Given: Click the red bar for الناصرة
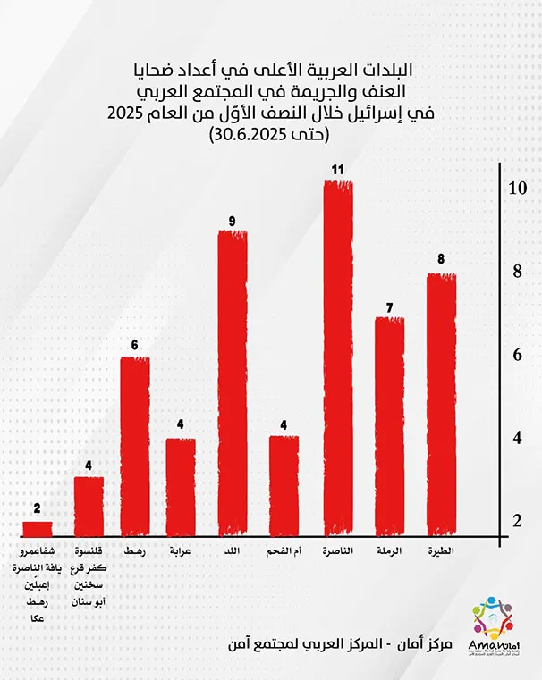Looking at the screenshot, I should tap(338, 357).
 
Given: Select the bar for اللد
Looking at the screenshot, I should tap(233, 382).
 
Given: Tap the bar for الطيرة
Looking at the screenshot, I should tap(441, 404).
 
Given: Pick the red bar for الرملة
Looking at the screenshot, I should tap(389, 425).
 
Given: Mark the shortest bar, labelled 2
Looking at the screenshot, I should tap(37, 527).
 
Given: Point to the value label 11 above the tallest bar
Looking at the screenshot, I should tap(338, 168).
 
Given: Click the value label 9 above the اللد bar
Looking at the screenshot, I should tap(233, 220).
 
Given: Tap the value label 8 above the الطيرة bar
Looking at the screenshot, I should tap(441, 261).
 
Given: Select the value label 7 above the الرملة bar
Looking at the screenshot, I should tap(389, 307).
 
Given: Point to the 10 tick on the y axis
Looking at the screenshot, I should tap(516, 189).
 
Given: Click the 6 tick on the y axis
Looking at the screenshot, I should tap(516, 355).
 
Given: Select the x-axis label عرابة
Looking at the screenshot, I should tap(181, 551).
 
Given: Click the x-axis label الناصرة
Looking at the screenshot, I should tap(338, 551).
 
